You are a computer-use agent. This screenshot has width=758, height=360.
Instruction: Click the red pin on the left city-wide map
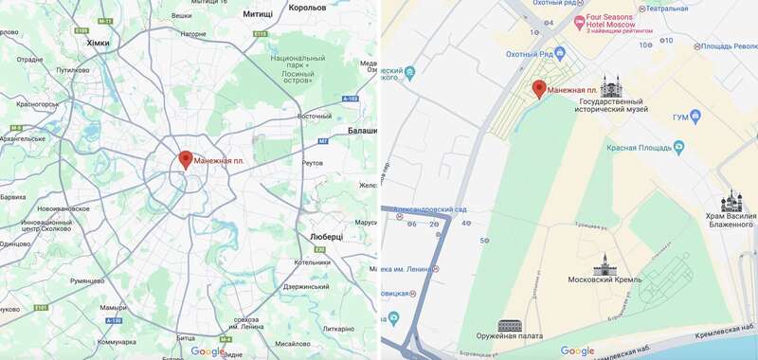click(186, 159)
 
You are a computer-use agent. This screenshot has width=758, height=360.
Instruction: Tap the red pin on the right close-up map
click(538, 89)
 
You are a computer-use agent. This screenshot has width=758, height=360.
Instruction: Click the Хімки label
click(98, 43)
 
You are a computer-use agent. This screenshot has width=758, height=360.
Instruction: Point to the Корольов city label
click(307, 8)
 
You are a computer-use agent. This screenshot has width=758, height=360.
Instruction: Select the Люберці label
click(332, 236)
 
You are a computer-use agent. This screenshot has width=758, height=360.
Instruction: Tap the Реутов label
click(312, 163)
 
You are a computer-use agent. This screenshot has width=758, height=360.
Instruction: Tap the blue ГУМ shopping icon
click(696, 117)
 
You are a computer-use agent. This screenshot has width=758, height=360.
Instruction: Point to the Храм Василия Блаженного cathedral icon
click(731, 202)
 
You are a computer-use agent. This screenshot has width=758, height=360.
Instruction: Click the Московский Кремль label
click(605, 280)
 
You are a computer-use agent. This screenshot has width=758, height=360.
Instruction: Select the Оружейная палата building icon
click(510, 325)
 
